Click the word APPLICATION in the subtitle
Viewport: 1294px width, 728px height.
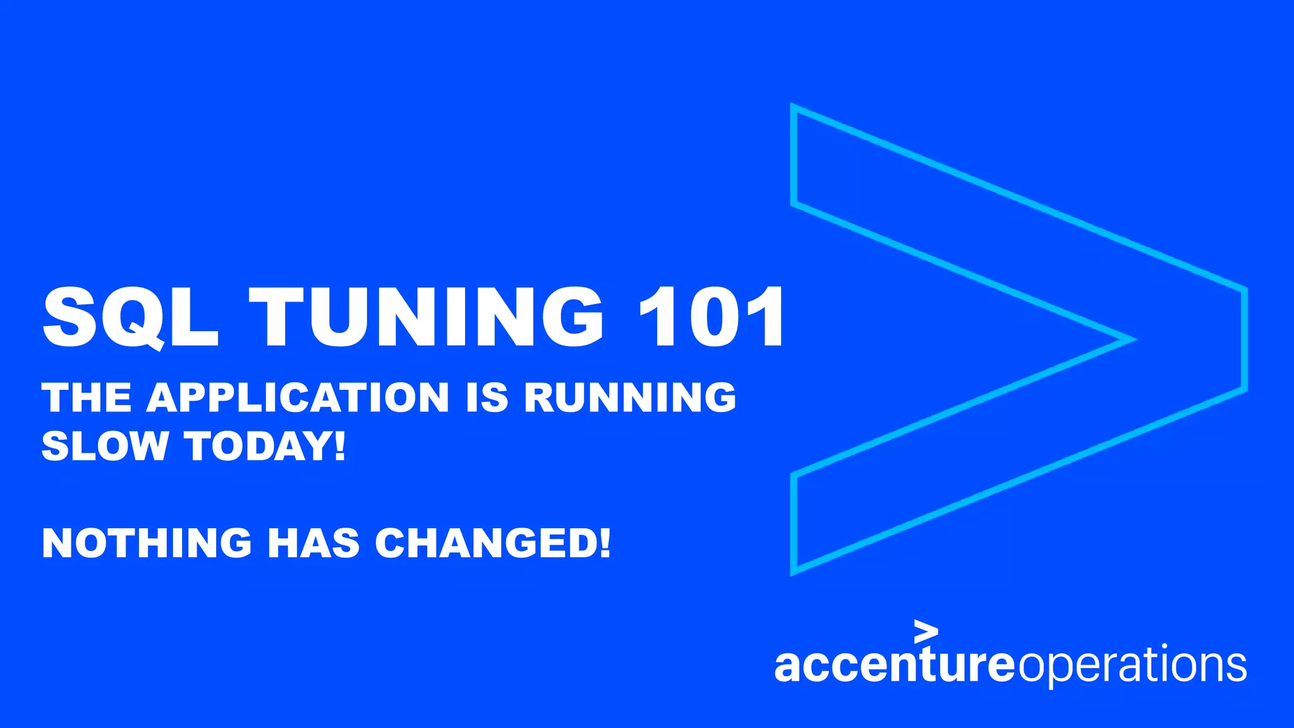(x=298, y=397)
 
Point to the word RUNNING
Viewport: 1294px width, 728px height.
(x=630, y=397)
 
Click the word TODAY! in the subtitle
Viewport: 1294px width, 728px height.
(x=265, y=446)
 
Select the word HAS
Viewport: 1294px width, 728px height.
(x=313, y=543)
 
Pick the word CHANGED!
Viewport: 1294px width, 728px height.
(x=493, y=543)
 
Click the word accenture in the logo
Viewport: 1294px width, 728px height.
(x=893, y=665)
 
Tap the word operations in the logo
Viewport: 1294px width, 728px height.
(x=1131, y=666)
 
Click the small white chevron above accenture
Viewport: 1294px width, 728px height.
(x=926, y=631)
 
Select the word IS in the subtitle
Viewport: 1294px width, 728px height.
(x=487, y=397)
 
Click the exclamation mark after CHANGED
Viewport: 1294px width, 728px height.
(x=605, y=543)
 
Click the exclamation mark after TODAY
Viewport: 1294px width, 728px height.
(x=340, y=446)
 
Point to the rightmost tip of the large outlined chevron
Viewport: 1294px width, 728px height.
(x=1245, y=340)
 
